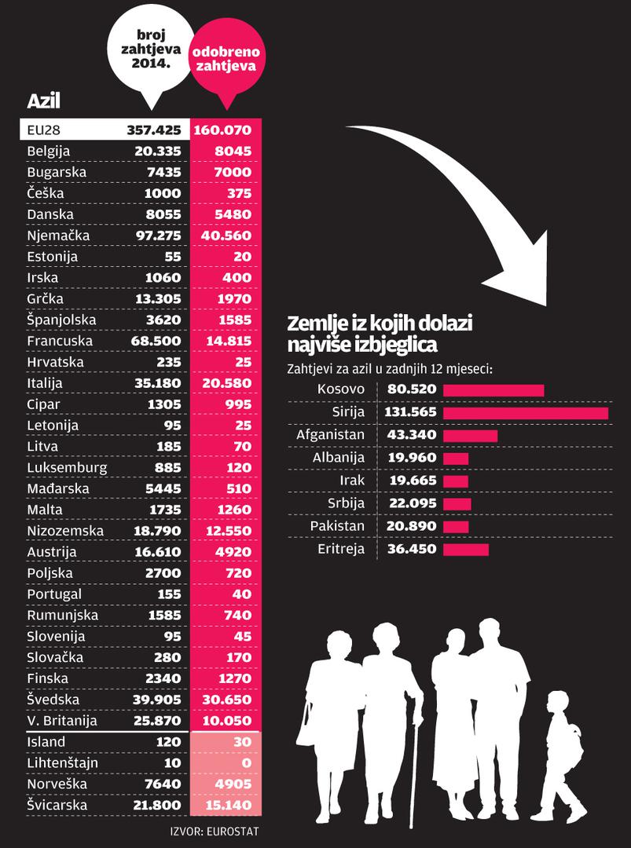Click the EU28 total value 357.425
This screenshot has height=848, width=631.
154,130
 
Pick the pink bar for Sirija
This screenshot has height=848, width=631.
526,413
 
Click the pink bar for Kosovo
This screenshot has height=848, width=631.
493,390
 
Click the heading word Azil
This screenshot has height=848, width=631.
44,101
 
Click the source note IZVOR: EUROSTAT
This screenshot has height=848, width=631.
214,831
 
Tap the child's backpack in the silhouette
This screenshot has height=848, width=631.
578,746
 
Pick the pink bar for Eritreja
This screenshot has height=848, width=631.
466,550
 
